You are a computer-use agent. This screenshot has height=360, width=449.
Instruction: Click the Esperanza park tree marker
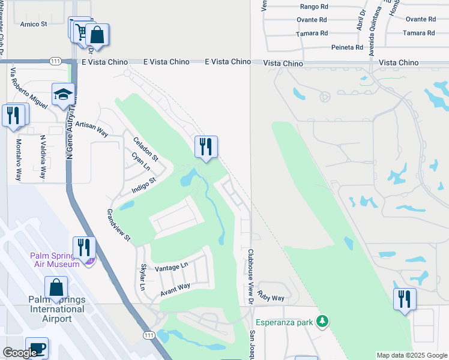point(323,322)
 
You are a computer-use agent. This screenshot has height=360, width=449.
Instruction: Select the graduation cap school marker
point(62,95)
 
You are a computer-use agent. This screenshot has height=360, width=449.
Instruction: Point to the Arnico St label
point(34,25)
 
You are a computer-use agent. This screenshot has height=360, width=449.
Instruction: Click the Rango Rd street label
point(313,8)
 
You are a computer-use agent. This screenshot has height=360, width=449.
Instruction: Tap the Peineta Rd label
point(347,47)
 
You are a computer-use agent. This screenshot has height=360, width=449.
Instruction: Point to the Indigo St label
point(144,186)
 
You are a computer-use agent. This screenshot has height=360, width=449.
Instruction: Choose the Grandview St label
point(119,224)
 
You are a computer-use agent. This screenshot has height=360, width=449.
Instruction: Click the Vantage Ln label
point(172,265)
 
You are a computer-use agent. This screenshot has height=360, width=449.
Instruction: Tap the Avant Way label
point(175,290)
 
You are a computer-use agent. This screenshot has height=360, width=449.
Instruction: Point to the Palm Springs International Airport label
point(56,309)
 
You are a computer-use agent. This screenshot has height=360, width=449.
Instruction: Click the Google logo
point(19,353)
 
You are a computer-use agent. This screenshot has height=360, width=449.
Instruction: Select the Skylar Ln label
point(143,277)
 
